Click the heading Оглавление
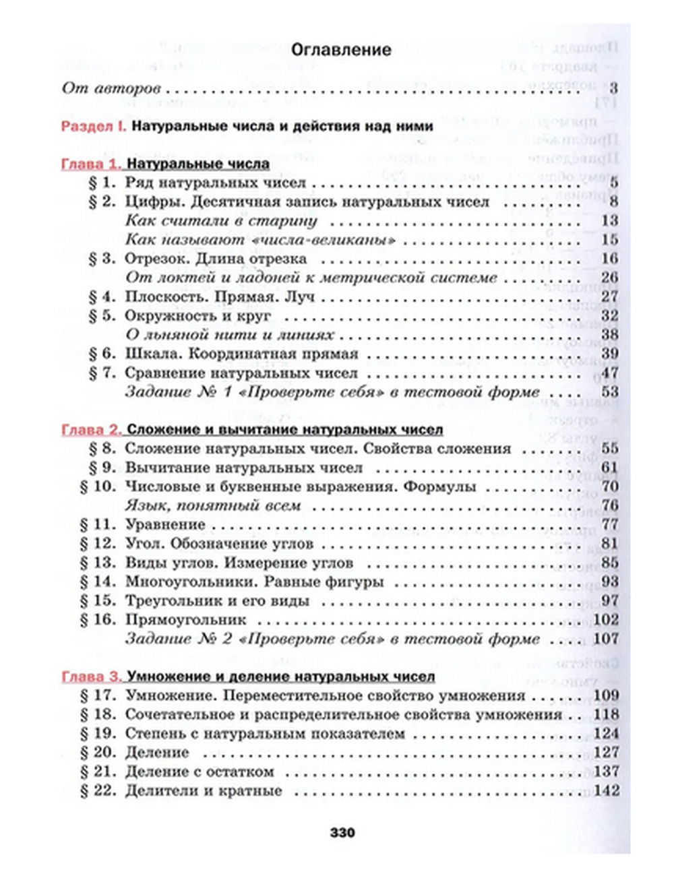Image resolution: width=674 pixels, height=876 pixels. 341,50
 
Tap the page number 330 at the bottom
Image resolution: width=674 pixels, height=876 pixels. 342,833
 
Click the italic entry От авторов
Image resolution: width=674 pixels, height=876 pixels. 111,88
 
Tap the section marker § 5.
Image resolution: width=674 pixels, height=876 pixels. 102,315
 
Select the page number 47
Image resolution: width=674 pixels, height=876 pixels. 610,373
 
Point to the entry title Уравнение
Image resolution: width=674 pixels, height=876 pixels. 165,524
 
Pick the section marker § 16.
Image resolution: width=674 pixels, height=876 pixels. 98,619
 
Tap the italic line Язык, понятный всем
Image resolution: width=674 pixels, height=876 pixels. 213,505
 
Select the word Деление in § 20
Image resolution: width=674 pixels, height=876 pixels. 157,753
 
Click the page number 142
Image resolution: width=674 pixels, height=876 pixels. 607,790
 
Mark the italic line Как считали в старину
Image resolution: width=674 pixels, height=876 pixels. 221,221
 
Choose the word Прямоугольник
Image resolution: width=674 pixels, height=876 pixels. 186,619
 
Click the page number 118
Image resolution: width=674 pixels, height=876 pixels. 607,714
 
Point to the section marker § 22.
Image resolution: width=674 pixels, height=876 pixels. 98,790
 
